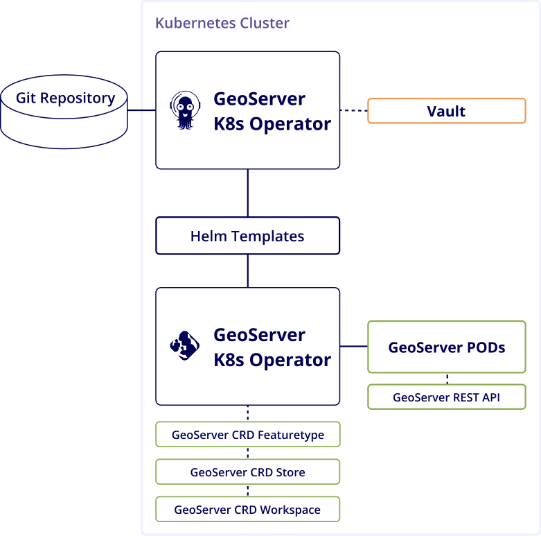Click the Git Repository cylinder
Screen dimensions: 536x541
point(64,111)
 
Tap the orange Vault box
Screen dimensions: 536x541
point(446,111)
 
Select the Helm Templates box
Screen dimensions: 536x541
point(247,236)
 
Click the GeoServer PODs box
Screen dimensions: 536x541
point(446,347)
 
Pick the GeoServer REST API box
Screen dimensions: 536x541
point(446,397)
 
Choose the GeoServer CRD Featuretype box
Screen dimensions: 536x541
point(247,435)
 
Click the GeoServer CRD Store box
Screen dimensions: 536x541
point(247,472)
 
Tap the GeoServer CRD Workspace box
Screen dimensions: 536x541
point(247,510)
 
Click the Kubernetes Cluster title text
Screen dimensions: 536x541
point(222,23)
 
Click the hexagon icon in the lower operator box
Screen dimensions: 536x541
point(184,346)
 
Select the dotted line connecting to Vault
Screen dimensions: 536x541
point(353,110)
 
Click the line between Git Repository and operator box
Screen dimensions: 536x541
point(141,110)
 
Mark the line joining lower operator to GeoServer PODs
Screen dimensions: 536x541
point(353,346)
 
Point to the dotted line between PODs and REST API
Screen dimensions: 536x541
point(447,379)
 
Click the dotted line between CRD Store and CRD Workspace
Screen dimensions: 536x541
point(247,491)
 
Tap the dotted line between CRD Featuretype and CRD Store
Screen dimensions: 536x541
point(247,453)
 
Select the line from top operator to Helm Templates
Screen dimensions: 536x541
point(247,193)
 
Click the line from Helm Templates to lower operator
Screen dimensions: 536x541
point(247,270)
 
